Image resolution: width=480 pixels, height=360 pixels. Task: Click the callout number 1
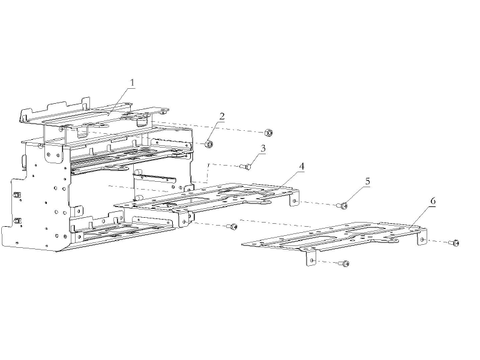132,83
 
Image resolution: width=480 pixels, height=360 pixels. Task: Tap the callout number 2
222,116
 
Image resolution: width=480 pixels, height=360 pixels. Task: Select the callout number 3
263,148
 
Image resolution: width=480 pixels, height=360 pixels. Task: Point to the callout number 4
302,167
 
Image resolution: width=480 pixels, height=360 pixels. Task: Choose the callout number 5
367,181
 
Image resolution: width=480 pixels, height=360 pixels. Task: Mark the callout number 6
433,201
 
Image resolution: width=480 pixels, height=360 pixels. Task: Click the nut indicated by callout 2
209,143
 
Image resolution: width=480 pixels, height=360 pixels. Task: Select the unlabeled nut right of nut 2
268,133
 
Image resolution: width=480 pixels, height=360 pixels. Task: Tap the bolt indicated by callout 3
245,167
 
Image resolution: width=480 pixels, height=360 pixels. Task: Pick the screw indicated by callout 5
343,206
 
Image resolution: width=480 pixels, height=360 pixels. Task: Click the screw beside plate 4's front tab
232,227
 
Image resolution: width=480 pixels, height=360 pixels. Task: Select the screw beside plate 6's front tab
344,263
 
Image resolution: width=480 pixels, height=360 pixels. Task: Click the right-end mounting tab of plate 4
295,199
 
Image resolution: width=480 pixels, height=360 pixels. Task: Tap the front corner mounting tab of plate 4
184,219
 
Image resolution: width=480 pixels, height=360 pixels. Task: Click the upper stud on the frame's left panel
17,194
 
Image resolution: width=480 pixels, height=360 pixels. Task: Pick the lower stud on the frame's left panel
17,220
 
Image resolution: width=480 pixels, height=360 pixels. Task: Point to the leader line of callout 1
121,101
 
